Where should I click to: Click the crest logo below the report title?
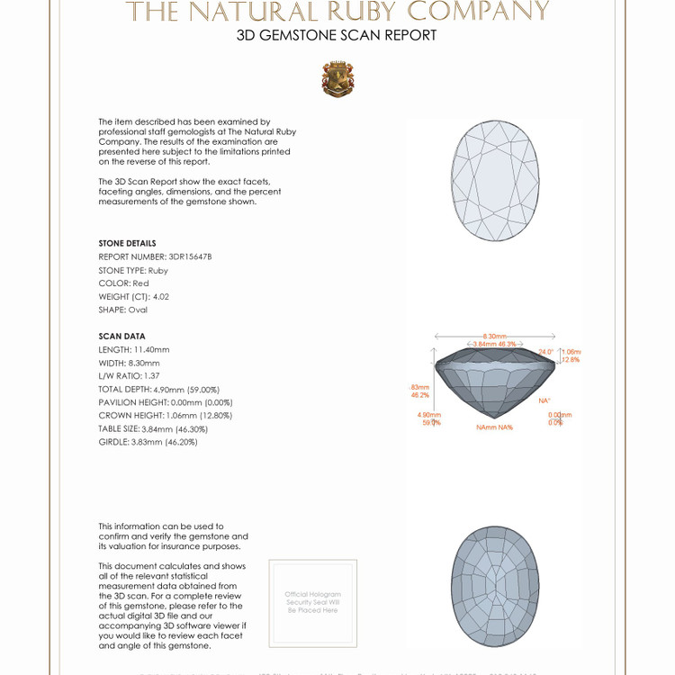coord(337,79)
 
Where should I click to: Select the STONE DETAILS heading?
coord(127,243)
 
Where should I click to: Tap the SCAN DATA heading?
coord(121,336)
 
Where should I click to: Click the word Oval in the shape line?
coord(137,310)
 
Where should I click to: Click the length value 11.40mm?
coord(151,349)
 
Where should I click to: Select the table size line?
coord(153,428)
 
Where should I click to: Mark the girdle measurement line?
coord(148,442)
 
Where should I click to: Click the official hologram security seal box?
coord(312,602)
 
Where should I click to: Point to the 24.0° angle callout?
coord(545,352)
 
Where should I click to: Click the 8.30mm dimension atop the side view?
coord(495,336)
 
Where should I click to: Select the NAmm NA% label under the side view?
coord(494,427)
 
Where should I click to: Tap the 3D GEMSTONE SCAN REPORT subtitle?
coord(337,35)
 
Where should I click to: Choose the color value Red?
coord(140,283)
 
